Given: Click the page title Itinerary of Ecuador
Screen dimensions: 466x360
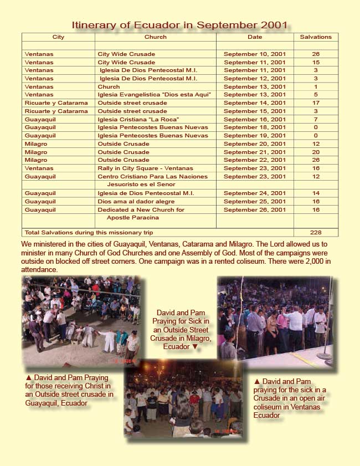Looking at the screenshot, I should click(x=179, y=25).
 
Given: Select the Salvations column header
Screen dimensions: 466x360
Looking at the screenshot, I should click(x=316, y=37).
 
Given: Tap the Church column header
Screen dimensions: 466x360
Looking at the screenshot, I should click(x=155, y=37).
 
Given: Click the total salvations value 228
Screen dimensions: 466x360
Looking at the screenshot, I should click(x=316, y=233).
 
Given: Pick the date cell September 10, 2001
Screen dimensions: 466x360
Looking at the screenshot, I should click(x=255, y=54).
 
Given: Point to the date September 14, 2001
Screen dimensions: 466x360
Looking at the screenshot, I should click(x=255, y=103).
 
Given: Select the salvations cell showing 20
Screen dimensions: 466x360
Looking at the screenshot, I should click(x=316, y=152).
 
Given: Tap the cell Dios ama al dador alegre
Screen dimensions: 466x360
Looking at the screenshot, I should click(x=136, y=202).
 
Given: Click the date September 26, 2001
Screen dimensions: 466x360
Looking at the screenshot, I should click(x=255, y=210).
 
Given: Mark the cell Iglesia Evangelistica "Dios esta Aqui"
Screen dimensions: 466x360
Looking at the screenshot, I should click(x=154, y=95).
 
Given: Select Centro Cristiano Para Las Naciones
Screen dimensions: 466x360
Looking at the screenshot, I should click(x=152, y=176).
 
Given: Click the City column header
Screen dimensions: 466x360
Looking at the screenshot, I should click(x=58, y=37).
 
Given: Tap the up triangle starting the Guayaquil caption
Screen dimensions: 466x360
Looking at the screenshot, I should click(x=28, y=378).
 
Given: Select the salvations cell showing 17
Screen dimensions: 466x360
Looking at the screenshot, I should click(x=316, y=103).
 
